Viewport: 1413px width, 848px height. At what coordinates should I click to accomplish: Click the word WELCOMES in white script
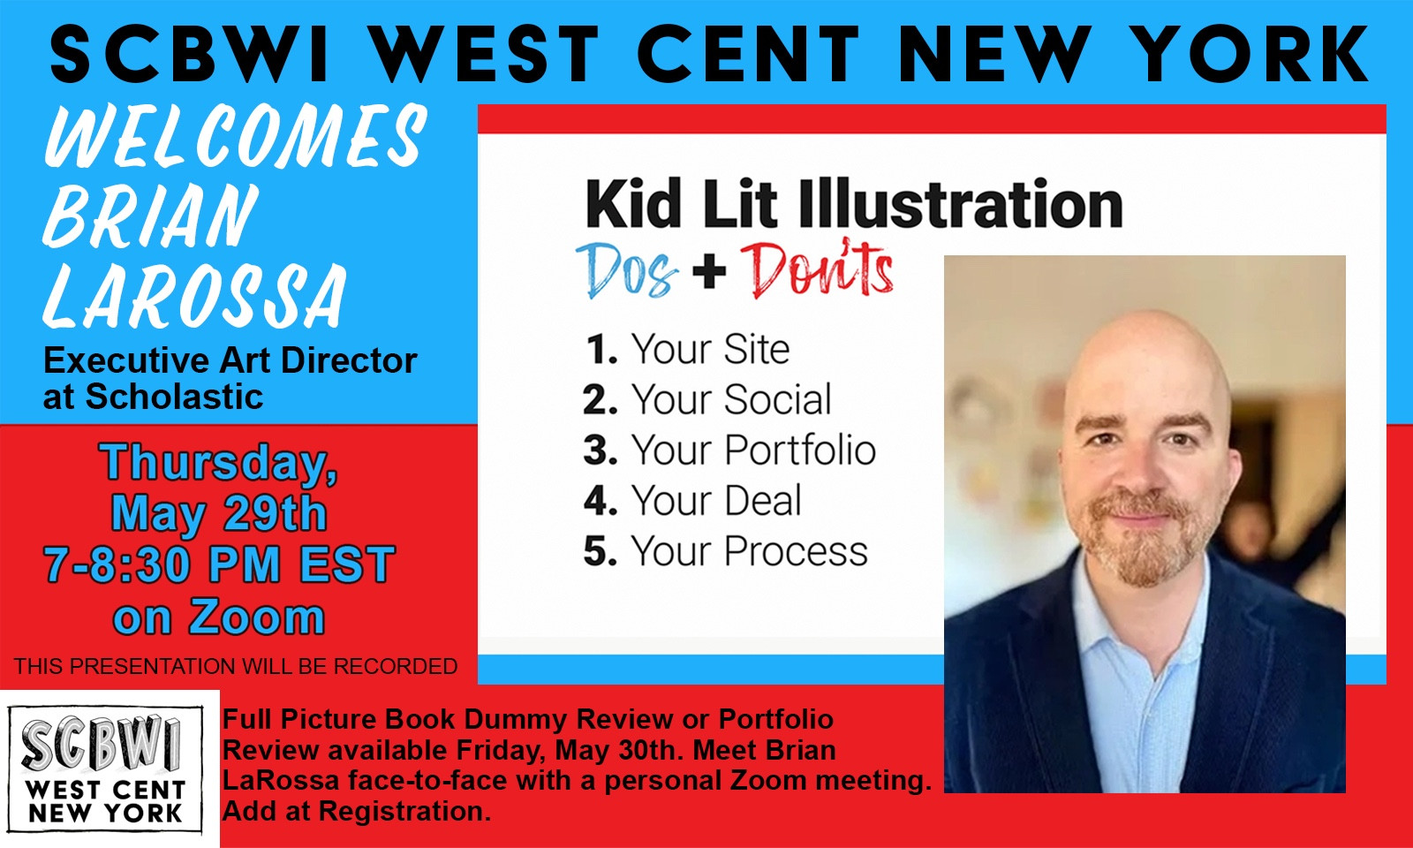tap(236, 136)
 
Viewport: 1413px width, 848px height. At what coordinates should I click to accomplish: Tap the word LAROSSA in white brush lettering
tap(195, 296)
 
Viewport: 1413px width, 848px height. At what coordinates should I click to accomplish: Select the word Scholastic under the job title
tap(174, 397)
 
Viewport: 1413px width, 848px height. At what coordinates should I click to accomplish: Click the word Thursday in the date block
tap(218, 463)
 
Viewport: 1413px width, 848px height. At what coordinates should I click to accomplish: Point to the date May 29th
tap(219, 514)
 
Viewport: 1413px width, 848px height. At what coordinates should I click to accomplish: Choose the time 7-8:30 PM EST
tap(219, 564)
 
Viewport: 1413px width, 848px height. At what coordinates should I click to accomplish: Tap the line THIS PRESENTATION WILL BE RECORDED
tap(236, 666)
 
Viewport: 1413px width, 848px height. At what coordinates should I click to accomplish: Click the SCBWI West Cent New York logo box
tap(105, 768)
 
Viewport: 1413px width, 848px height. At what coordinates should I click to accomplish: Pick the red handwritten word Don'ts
tap(817, 269)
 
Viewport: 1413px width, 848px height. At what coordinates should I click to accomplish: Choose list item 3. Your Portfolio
tap(729, 450)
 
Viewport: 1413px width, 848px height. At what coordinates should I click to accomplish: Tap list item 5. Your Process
tap(726, 552)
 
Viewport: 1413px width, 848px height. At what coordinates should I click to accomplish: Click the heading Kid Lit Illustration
tap(854, 203)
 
